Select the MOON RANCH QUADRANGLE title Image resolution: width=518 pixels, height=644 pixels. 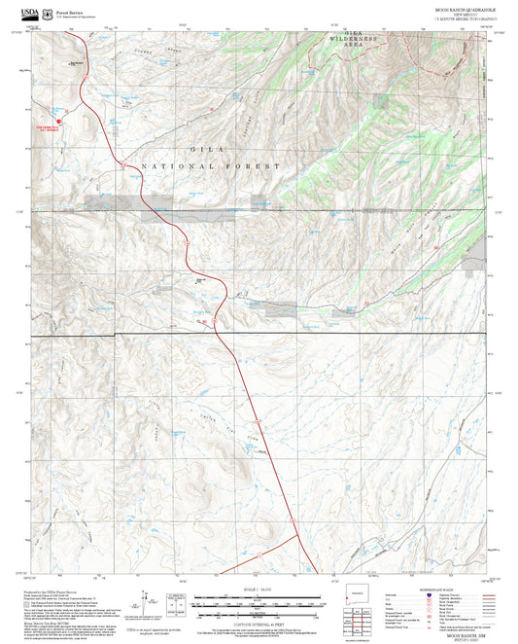tap(463, 8)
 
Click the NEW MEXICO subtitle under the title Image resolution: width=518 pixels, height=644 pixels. tap(463, 14)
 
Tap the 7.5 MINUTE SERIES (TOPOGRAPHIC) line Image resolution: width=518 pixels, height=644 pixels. tap(463, 18)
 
